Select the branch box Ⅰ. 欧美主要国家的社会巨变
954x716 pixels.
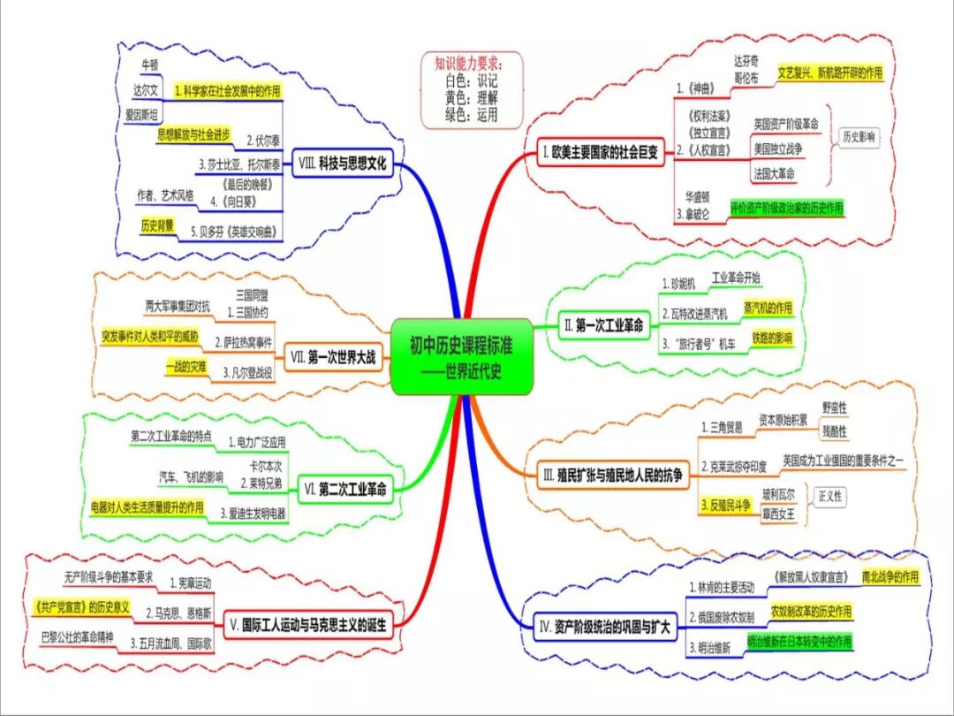600,153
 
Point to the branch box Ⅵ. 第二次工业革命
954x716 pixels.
345,488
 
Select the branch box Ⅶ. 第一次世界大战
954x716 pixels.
332,358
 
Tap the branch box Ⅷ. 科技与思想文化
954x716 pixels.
343,164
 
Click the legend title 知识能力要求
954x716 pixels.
468,64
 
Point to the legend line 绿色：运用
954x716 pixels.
472,115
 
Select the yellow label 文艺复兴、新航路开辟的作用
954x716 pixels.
829,72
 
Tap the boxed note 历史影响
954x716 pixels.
859,137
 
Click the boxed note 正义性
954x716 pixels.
830,497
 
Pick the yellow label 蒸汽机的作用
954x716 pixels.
768,307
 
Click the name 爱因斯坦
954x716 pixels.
141,116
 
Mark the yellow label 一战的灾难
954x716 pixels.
185,365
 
